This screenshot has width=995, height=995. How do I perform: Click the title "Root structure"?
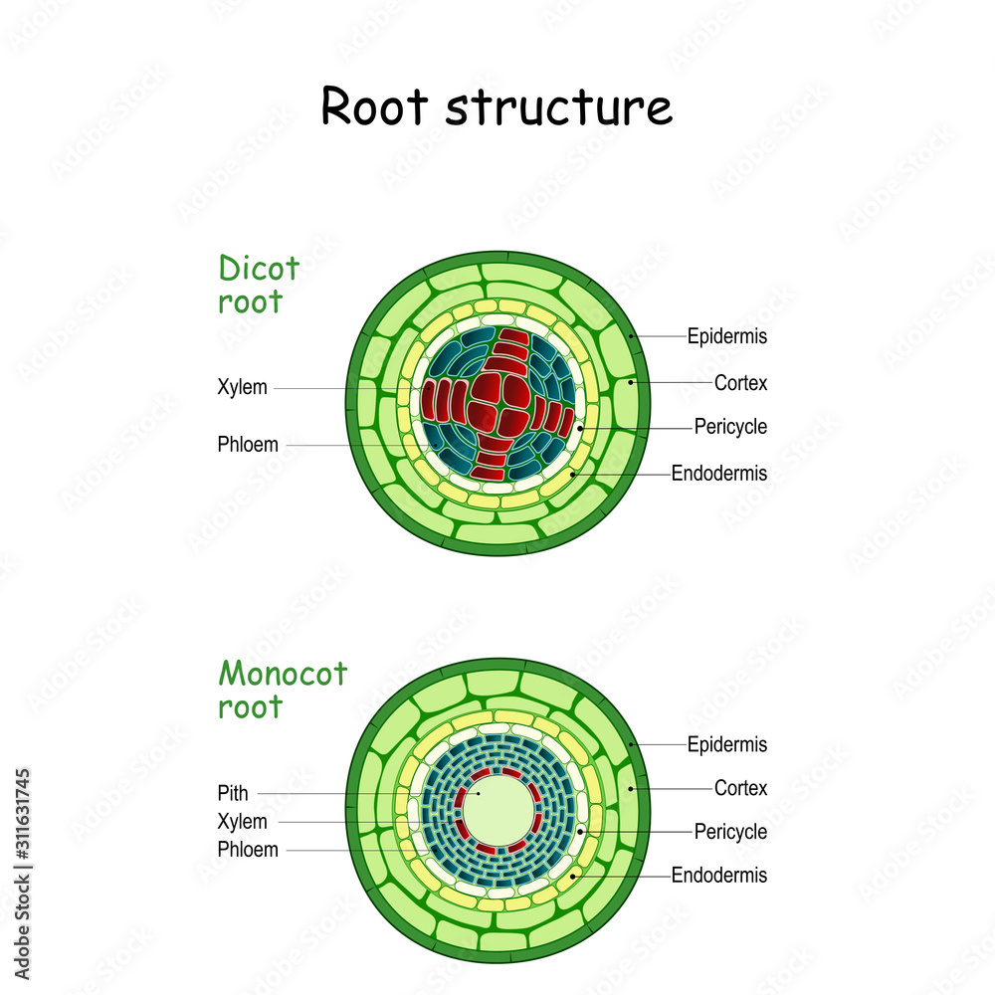pyautogui.click(x=497, y=107)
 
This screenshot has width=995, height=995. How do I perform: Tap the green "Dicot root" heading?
pyautogui.click(x=259, y=285)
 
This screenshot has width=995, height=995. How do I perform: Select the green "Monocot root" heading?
pyautogui.click(x=283, y=690)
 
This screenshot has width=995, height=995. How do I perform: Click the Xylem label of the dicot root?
pyautogui.click(x=242, y=388)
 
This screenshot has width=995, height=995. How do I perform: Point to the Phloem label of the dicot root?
pyautogui.click(x=248, y=445)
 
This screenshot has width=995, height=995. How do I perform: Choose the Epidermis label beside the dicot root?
pyautogui.click(x=727, y=336)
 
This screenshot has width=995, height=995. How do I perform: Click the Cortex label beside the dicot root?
pyautogui.click(x=740, y=382)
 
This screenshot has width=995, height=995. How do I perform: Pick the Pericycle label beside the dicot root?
pyautogui.click(x=730, y=427)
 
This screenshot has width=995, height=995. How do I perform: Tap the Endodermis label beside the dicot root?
pyautogui.click(x=719, y=474)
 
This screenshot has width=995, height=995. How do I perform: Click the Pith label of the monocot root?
pyautogui.click(x=233, y=793)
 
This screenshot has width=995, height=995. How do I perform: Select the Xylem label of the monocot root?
pyautogui.click(x=242, y=822)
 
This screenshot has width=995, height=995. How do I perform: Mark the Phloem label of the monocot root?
pyautogui.click(x=248, y=851)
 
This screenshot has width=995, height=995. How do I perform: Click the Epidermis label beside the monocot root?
pyautogui.click(x=727, y=743)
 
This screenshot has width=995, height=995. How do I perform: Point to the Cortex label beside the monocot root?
pyautogui.click(x=740, y=788)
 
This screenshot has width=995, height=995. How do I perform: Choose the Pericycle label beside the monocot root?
pyautogui.click(x=730, y=831)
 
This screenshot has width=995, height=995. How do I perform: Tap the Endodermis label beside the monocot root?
pyautogui.click(x=719, y=876)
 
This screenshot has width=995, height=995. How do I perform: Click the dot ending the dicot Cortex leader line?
pyautogui.click(x=632, y=382)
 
